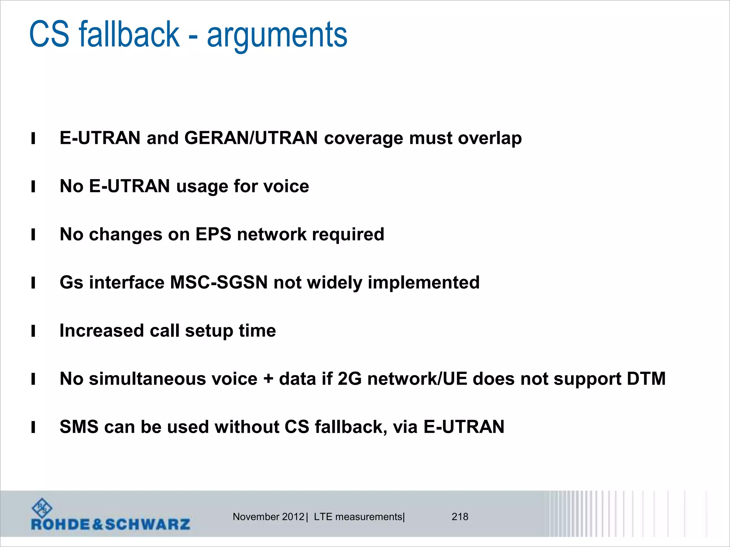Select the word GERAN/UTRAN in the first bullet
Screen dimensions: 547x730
(x=251, y=138)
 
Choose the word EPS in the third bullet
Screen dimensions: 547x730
(x=213, y=234)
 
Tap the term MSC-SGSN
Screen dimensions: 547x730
(x=219, y=282)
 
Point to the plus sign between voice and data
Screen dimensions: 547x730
(x=268, y=379)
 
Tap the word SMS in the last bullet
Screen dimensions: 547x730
(x=79, y=427)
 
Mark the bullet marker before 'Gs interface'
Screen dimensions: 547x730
(x=33, y=283)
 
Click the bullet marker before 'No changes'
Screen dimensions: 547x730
(x=33, y=235)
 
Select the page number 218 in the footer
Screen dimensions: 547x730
(x=460, y=517)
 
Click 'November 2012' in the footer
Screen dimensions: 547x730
(x=268, y=517)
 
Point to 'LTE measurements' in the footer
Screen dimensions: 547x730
(x=358, y=517)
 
